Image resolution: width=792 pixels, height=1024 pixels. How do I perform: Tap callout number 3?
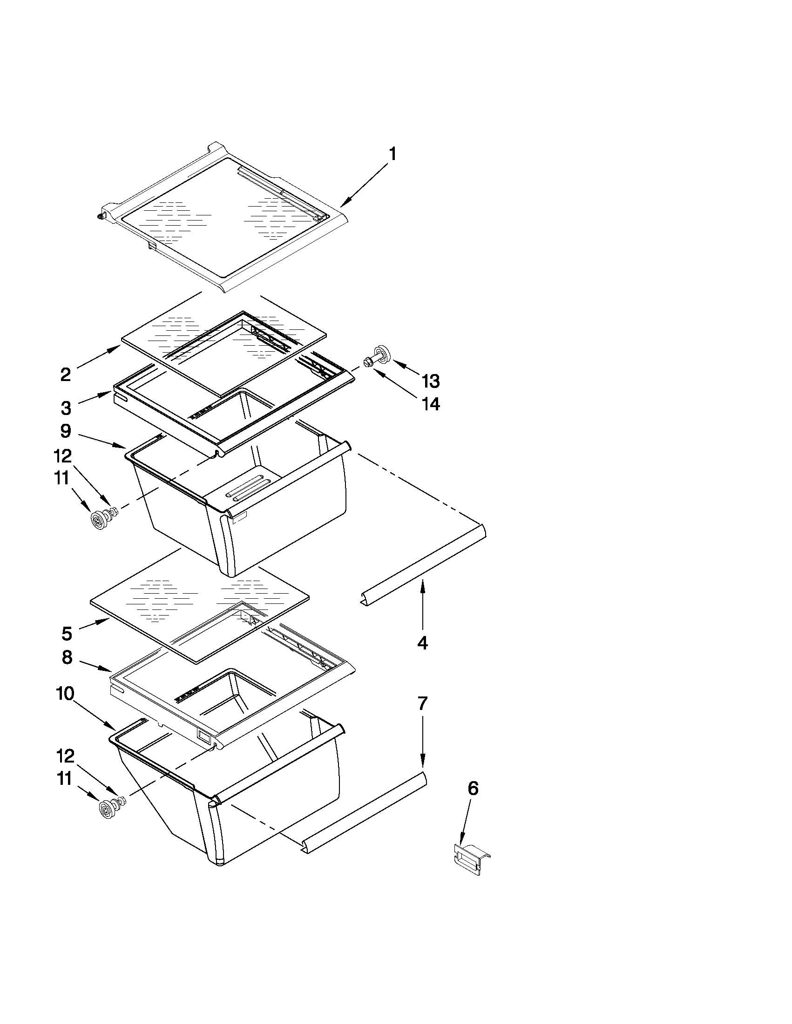(66, 408)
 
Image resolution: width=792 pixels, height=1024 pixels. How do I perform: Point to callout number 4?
(422, 643)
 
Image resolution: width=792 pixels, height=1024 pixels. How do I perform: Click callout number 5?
(67, 634)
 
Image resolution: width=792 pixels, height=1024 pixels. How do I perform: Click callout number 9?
(66, 430)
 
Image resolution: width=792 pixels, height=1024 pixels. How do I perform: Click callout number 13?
(430, 381)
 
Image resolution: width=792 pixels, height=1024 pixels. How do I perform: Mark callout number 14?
(430, 404)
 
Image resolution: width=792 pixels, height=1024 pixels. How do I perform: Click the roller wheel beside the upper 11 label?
(99, 521)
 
